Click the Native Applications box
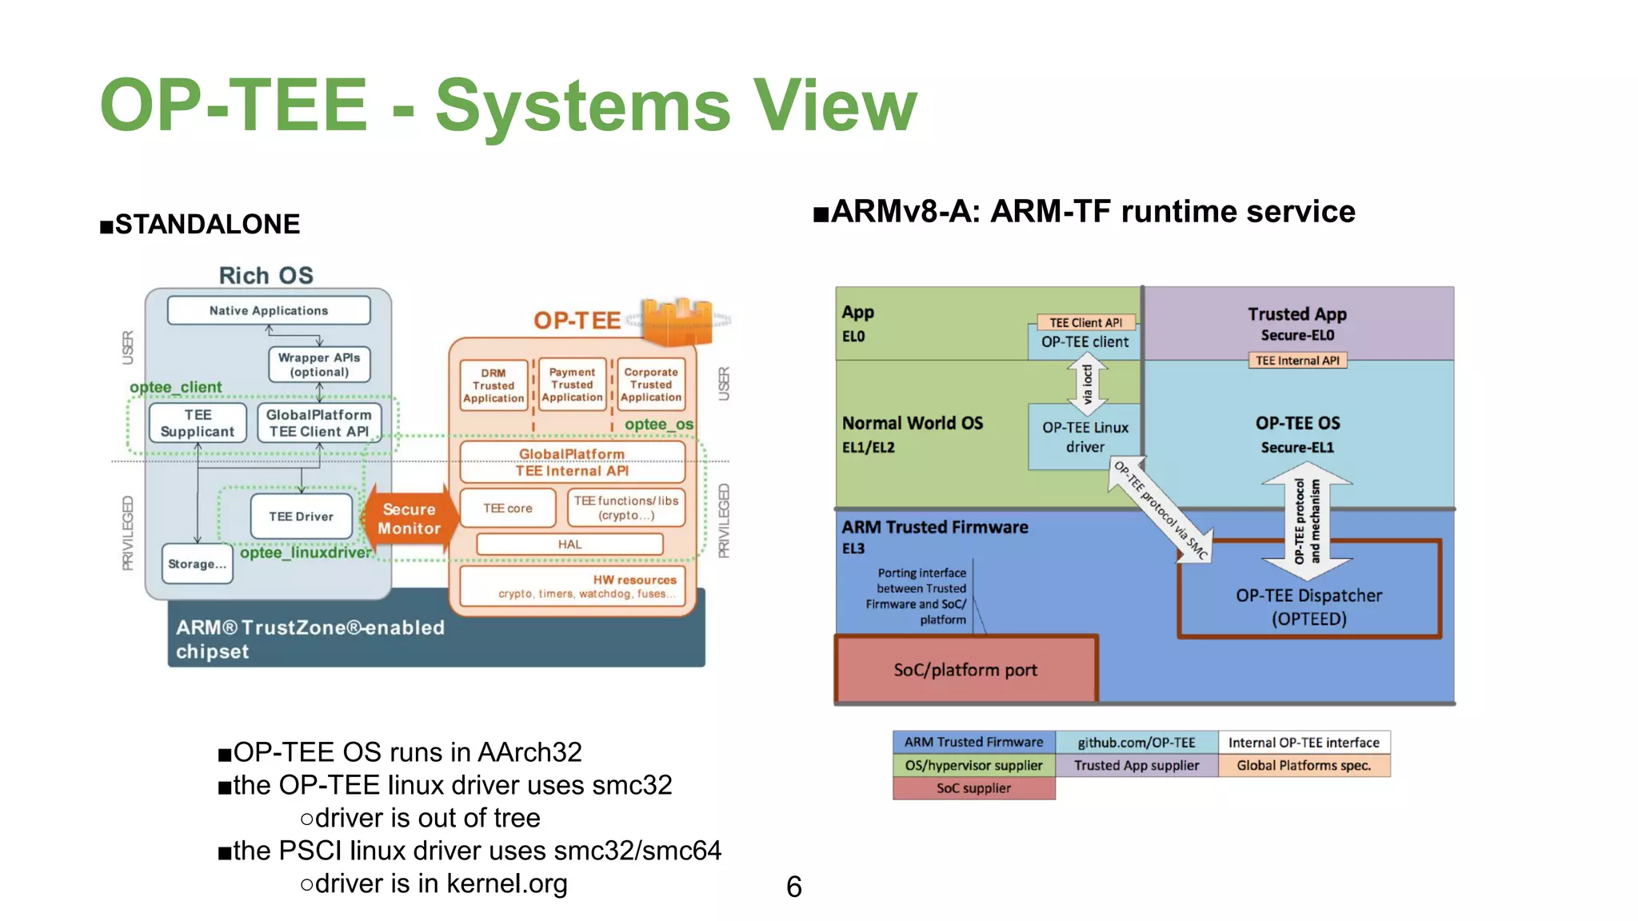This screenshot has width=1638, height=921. [x=269, y=310]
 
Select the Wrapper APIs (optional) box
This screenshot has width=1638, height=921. [x=319, y=365]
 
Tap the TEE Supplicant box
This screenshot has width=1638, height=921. [x=198, y=423]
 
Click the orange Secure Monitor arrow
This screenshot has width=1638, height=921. [x=409, y=519]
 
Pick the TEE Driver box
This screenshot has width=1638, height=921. [x=301, y=516]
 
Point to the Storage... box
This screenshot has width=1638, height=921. [x=197, y=564]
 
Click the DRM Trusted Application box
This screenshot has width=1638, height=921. [x=493, y=385]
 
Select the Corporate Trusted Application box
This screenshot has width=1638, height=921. [x=651, y=385]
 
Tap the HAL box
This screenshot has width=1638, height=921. [x=569, y=544]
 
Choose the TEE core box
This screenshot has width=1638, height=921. [x=507, y=508]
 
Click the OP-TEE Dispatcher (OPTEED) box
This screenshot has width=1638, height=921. [x=1309, y=606]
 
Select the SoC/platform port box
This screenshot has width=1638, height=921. [x=965, y=670]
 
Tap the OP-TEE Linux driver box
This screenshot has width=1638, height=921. [x=1085, y=437]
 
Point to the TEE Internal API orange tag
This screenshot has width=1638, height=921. [x=1297, y=361]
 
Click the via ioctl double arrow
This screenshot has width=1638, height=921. [x=1087, y=382]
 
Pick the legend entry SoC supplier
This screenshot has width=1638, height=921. [x=973, y=788]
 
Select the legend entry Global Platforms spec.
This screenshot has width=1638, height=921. [x=1304, y=765]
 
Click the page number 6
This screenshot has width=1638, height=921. [x=793, y=887]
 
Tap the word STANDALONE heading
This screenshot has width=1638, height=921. [x=207, y=225]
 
